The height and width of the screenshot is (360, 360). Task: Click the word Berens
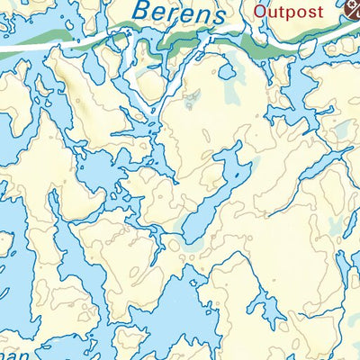pyautogui.click(x=176, y=13)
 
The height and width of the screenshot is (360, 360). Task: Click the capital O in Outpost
pyautogui.click(x=260, y=12)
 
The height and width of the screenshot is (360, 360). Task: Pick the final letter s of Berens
pyautogui.click(x=216, y=15)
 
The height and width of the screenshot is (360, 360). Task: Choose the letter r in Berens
pyautogui.click(x=175, y=15)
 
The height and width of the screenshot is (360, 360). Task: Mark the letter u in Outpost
pyautogui.click(x=271, y=13)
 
